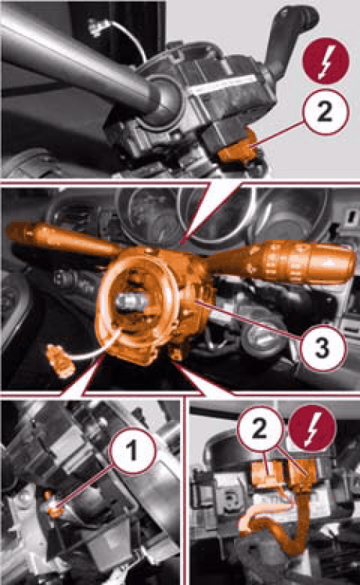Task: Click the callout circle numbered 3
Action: [323, 347]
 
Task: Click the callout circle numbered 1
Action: [132, 451]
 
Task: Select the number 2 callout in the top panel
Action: [325, 112]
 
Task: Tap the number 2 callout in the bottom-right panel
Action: [259, 429]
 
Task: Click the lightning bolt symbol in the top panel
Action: [325, 61]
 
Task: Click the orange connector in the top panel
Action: [238, 148]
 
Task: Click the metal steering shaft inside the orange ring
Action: [130, 300]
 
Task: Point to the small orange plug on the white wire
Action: [60, 360]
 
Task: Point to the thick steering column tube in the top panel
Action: [75, 56]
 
